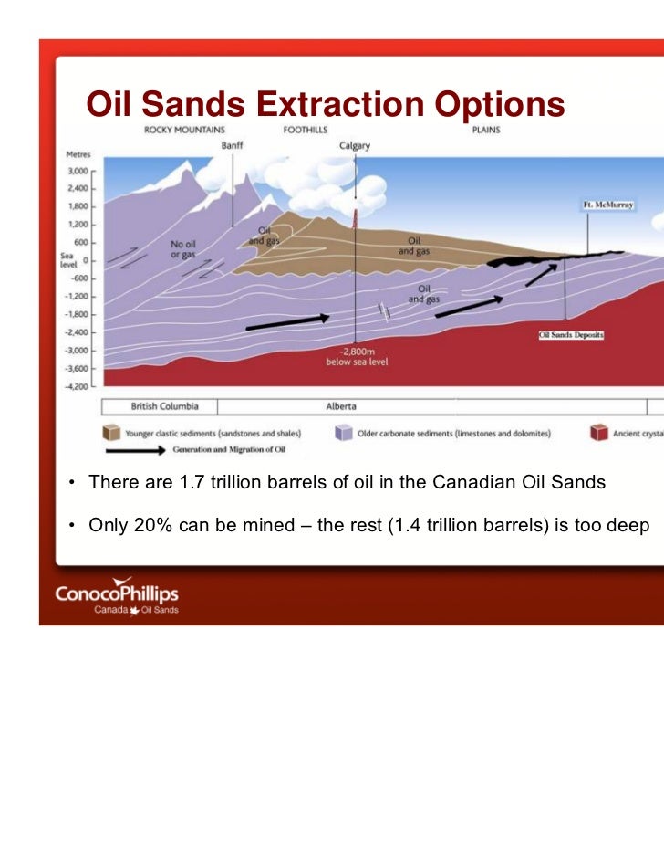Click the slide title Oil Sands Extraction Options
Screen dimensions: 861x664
tap(325, 105)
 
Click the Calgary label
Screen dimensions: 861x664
tap(355, 146)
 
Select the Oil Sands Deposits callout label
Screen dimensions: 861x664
tap(571, 335)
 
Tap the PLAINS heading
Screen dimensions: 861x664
tap(485, 130)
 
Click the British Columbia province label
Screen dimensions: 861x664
tap(164, 406)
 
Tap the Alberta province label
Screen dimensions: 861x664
tap(341, 406)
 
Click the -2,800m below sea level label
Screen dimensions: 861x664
tap(351, 357)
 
